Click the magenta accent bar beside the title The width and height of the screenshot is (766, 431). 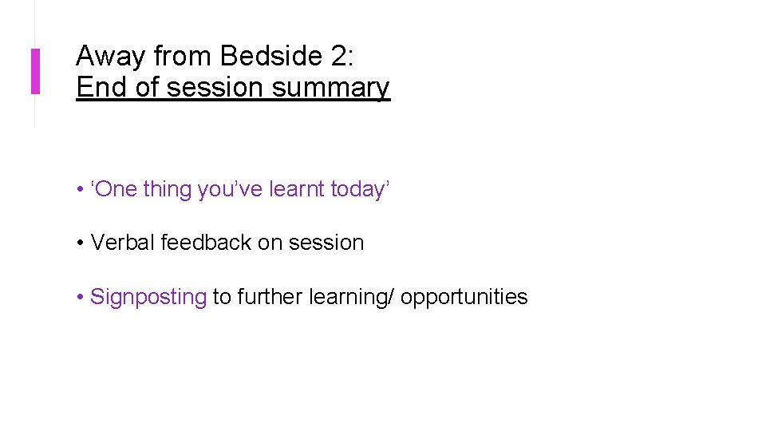(x=35, y=71)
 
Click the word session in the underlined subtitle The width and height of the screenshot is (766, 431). (x=215, y=87)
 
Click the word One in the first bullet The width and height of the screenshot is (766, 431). (x=116, y=190)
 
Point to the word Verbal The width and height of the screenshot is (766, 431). (x=123, y=243)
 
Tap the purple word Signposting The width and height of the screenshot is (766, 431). (x=148, y=297)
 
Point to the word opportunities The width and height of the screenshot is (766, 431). (x=464, y=297)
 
